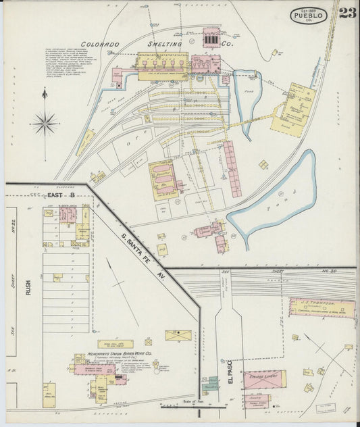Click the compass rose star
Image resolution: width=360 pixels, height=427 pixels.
point(45,123)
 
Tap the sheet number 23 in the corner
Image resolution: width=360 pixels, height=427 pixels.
point(347,14)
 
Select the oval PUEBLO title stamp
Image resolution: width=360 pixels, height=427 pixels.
point(309,16)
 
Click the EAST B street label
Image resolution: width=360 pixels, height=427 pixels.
point(60,195)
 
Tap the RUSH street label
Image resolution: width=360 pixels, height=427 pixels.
point(28,287)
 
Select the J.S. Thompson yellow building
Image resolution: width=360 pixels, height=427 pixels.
point(322,307)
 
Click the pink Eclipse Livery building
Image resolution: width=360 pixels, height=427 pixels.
point(264,379)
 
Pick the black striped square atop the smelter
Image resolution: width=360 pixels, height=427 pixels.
point(211,41)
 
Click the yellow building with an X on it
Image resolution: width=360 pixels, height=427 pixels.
point(178,335)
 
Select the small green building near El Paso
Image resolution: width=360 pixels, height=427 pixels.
point(211,383)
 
